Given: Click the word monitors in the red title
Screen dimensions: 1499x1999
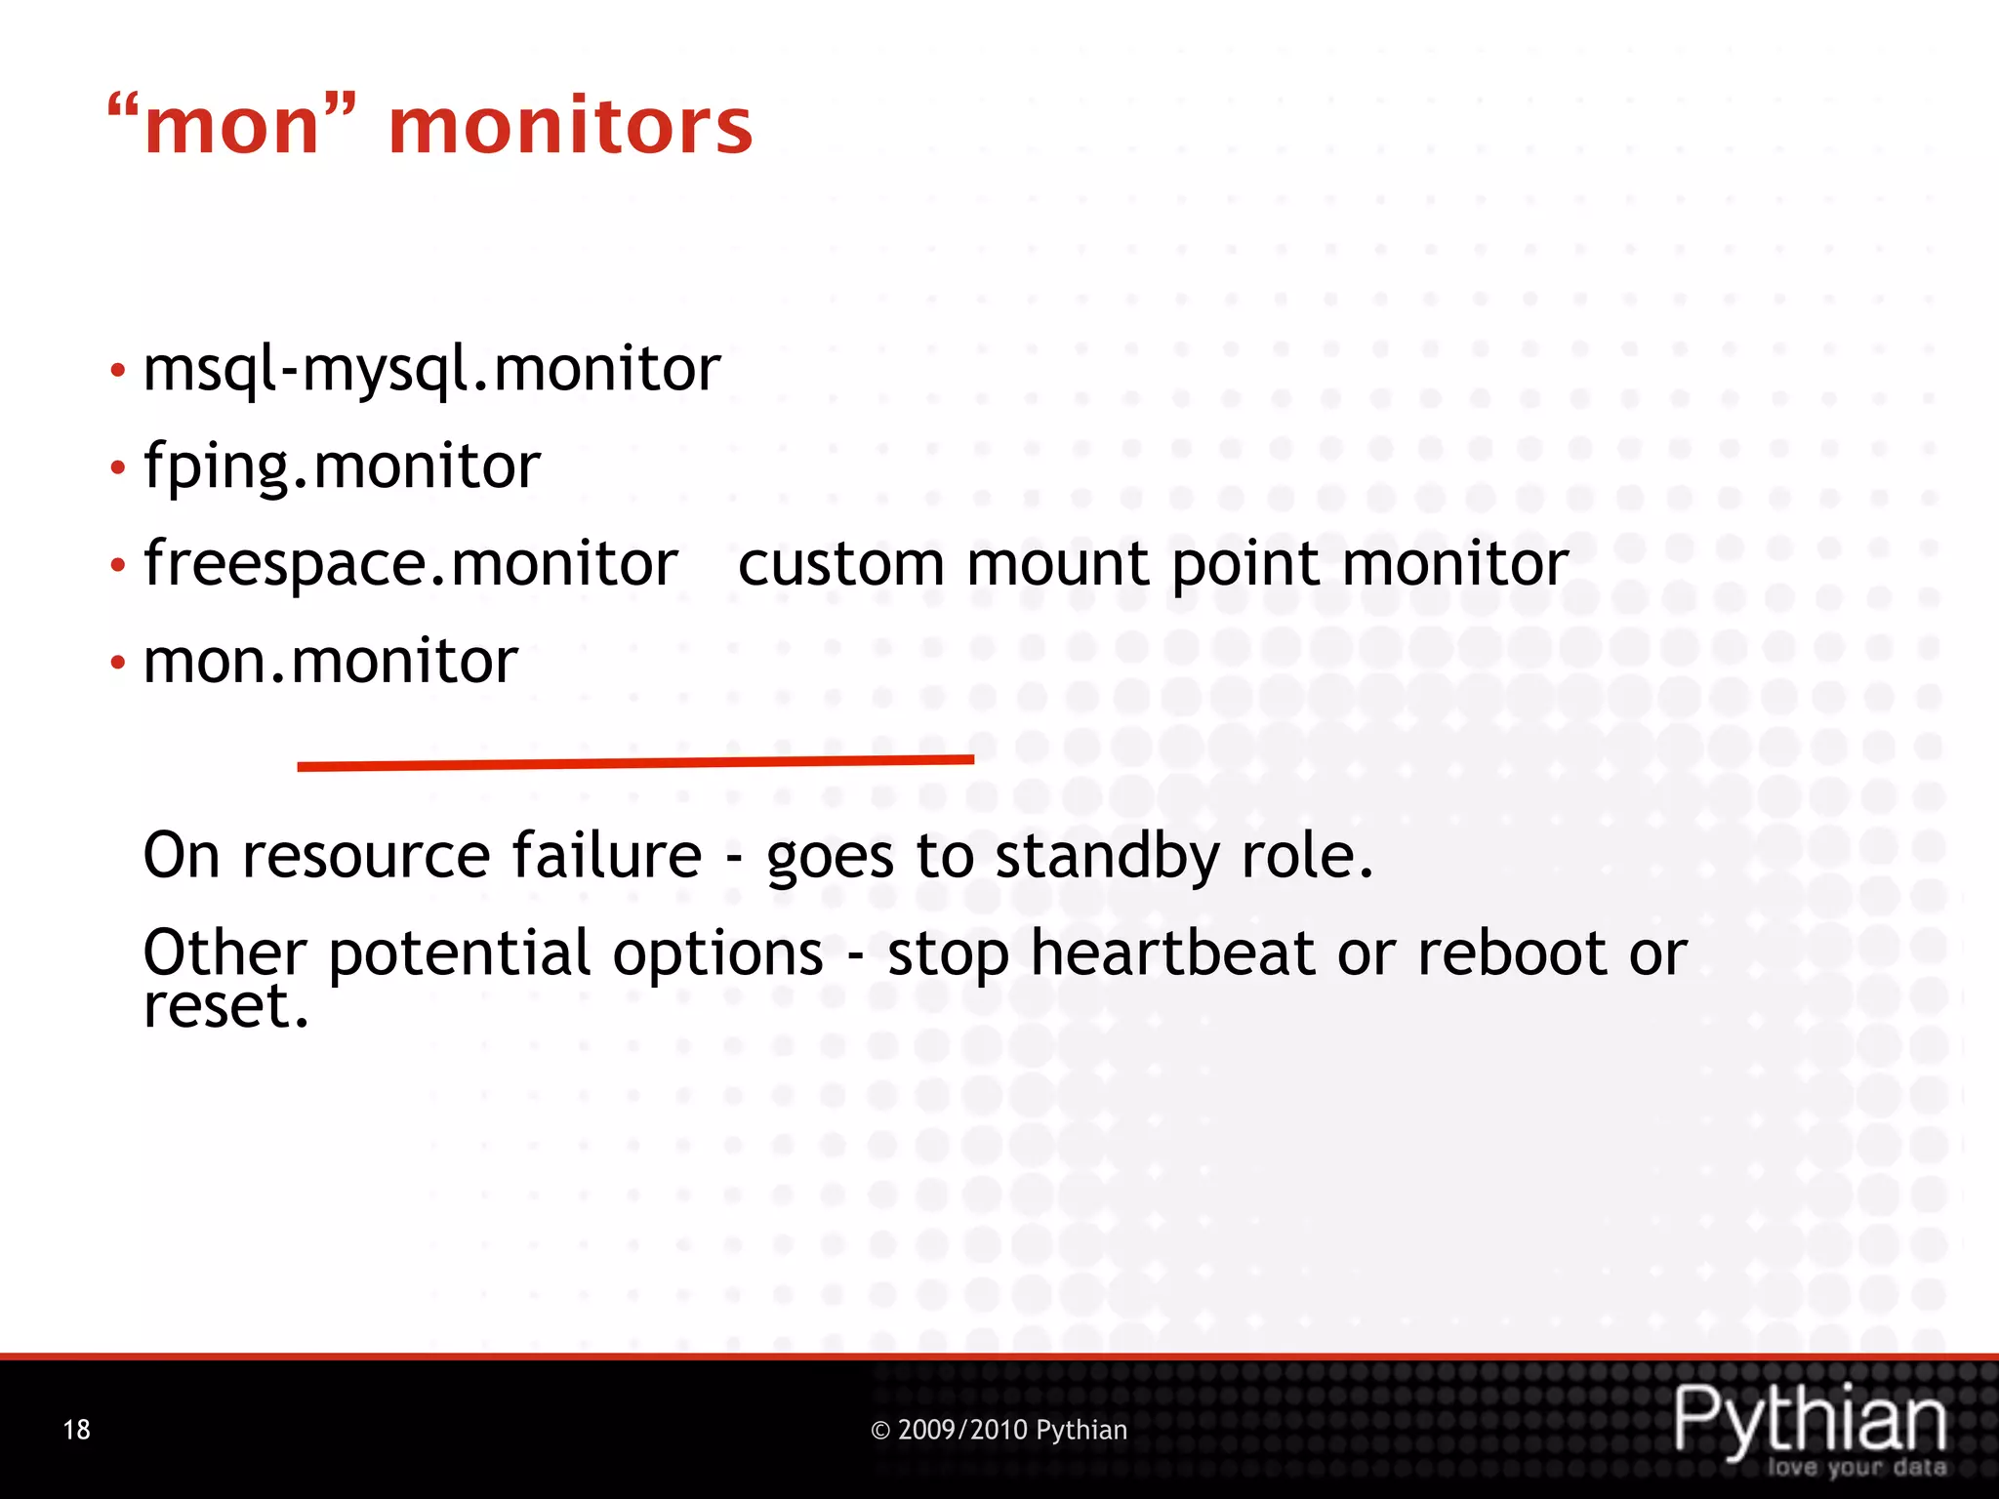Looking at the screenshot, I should coord(571,127).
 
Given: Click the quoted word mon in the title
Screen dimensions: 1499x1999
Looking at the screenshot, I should coord(232,127).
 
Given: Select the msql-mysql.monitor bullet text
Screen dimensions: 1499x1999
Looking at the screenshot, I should coord(431,370).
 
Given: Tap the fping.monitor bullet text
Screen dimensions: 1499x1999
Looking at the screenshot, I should coord(342,466).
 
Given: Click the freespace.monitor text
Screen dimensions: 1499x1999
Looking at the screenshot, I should coord(410,564).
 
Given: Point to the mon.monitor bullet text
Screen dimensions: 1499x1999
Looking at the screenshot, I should coord(330,662).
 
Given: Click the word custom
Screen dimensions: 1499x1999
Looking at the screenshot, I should coord(840,565).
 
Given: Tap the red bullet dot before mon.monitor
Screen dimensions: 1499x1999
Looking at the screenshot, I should coord(118,664).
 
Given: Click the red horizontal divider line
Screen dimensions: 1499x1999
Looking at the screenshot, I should coord(634,763).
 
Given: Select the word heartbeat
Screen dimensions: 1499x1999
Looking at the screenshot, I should coord(1172,953).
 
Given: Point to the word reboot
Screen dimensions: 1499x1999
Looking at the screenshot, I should coord(1511,953).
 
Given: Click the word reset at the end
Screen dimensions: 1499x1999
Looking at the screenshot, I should coord(224,1007).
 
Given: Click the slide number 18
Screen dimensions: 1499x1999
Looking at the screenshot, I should coord(76,1430).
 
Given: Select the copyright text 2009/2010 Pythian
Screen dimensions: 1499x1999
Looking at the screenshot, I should coord(999,1430).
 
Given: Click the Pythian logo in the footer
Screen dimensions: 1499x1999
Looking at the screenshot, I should coord(1811,1425).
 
